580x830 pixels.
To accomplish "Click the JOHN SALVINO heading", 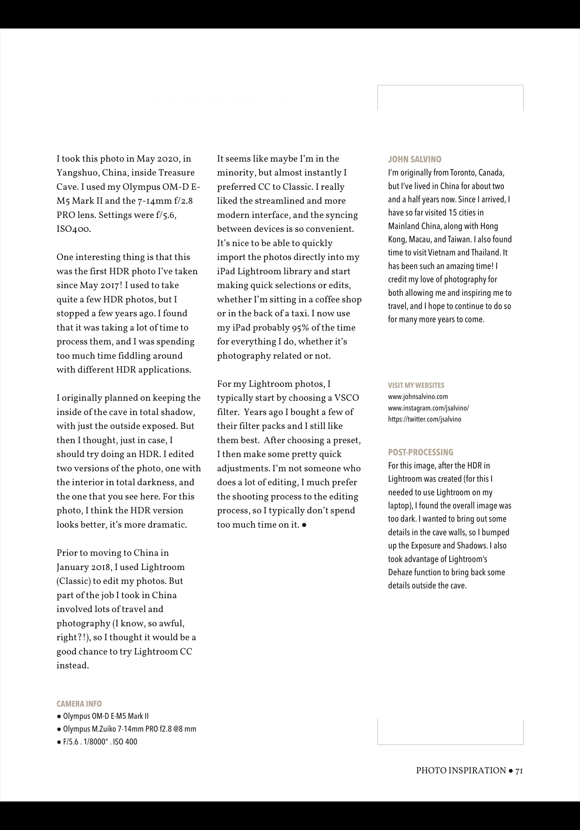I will (414, 160).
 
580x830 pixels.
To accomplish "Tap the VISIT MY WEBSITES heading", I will (416, 385).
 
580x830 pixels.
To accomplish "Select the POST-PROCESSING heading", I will (420, 452).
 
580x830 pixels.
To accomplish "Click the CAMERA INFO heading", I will (79, 704).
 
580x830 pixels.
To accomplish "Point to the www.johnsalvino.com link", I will (418, 397).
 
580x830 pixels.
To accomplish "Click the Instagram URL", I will (428, 408).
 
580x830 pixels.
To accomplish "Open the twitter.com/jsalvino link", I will (425, 419).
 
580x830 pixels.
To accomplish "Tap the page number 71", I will (519, 771).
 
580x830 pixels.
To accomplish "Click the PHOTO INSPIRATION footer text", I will (461, 771).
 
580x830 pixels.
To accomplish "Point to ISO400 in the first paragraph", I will (73, 229).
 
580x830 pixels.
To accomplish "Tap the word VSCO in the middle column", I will (346, 398).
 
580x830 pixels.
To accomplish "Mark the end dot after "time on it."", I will (304, 525).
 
